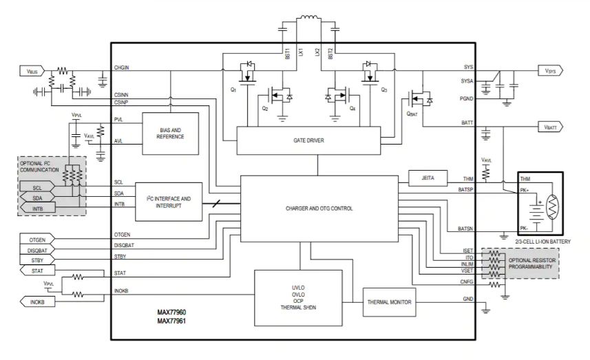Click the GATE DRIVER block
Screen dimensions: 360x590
tap(308, 140)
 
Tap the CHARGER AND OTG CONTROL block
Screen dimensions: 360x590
tap(319, 207)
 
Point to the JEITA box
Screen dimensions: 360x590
tap(428, 177)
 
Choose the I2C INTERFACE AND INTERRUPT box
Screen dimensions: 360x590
tap(169, 201)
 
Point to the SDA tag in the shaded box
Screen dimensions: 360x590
tap(42, 198)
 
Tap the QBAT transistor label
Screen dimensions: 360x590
tap(413, 114)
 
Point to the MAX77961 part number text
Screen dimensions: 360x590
tap(171, 321)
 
